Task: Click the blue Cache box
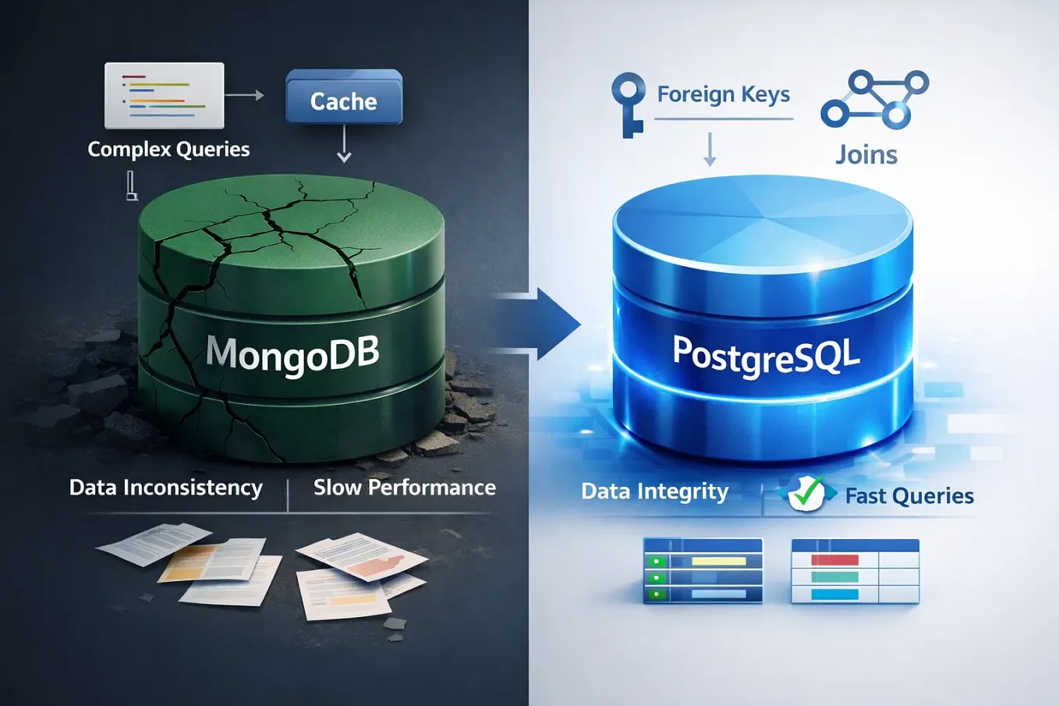coord(344,99)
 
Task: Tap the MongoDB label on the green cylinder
coord(292,353)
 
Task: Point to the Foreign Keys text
coord(723,94)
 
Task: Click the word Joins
coord(866,154)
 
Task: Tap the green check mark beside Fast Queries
coord(806,492)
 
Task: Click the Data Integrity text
coord(654,491)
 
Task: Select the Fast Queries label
coord(909,495)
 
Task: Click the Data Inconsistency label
coord(165,488)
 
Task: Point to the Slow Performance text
coord(404,488)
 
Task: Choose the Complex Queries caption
coord(168,149)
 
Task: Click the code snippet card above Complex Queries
coord(164,95)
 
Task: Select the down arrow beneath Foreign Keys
coord(710,149)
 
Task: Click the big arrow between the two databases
coord(546,324)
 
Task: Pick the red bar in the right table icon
coord(834,560)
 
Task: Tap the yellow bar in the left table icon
coord(718,561)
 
